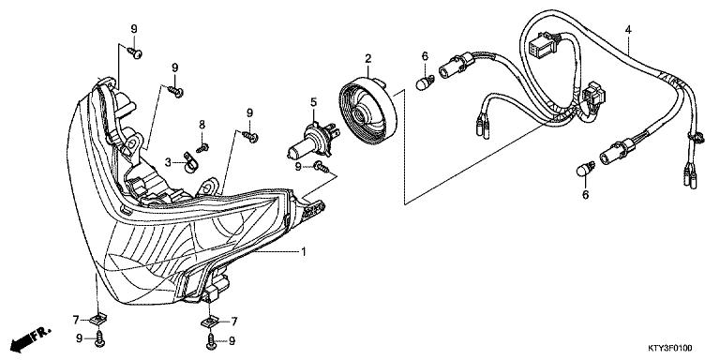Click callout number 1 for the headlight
tap(303, 251)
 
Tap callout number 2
tap(369, 58)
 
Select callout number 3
tap(168, 162)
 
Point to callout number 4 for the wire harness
tap(627, 30)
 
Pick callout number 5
tap(314, 101)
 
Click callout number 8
tap(201, 125)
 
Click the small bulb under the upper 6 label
tap(422, 83)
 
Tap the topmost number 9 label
tap(133, 29)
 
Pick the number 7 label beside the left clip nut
tap(77, 321)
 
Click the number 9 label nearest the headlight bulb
tap(299, 166)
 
